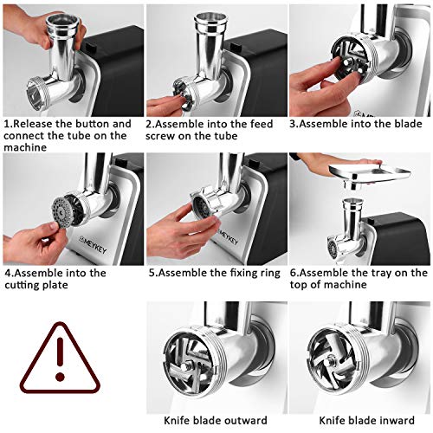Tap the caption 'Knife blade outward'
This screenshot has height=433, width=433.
point(216,420)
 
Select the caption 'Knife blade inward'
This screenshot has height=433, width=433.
point(367,420)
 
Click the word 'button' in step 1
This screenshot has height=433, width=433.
point(93,124)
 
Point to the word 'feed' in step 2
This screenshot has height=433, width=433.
point(262,124)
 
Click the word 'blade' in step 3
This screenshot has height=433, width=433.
point(408,124)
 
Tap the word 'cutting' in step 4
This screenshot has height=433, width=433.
point(21,285)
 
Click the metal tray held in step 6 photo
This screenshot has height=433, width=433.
point(371,176)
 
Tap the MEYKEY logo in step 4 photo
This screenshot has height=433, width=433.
point(93,244)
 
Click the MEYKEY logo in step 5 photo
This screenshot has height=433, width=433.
point(228,237)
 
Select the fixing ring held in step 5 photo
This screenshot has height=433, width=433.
point(205,202)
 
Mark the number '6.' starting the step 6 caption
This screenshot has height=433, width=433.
point(294,273)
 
